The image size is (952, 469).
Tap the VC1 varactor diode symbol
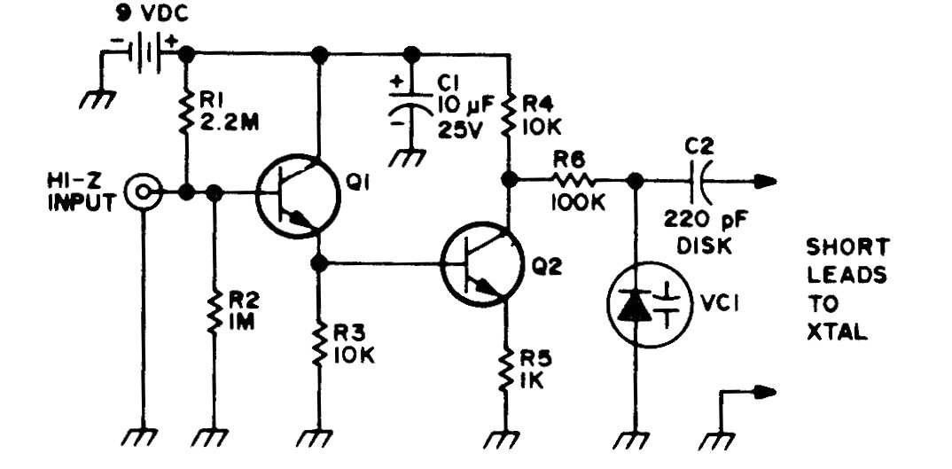pyautogui.click(x=650, y=304)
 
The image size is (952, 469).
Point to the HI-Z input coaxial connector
pyautogui.click(x=143, y=192)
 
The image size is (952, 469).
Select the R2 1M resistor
pyautogui.click(x=214, y=312)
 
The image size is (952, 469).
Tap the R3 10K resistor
pyautogui.click(x=319, y=344)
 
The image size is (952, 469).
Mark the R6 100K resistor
pyautogui.click(x=574, y=180)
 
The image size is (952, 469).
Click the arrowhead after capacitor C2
pyautogui.click(x=764, y=181)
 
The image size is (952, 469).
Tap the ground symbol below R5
pyautogui.click(x=503, y=439)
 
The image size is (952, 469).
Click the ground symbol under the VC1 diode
pyautogui.click(x=631, y=439)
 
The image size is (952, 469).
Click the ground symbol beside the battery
pyautogui.click(x=98, y=98)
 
